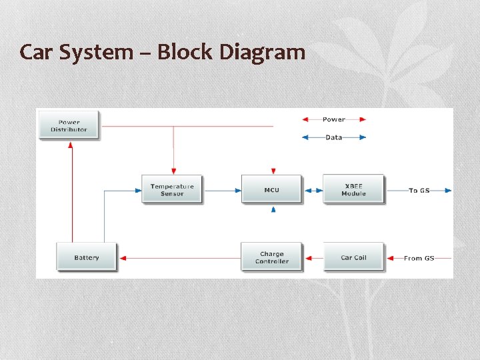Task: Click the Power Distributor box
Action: (x=69, y=125)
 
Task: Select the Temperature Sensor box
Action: (x=172, y=190)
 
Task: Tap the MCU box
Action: (x=271, y=190)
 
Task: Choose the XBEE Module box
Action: (x=353, y=190)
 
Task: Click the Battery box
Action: (x=87, y=257)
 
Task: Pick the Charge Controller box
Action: (x=271, y=257)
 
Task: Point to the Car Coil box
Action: (x=353, y=257)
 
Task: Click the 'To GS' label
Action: (x=419, y=191)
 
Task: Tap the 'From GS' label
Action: (x=419, y=258)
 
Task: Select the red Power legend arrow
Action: (x=333, y=119)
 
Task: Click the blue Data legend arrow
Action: (x=333, y=137)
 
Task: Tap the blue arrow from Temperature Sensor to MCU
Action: (x=222, y=191)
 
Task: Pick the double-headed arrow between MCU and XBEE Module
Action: (x=313, y=191)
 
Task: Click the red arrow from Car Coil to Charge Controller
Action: (x=313, y=258)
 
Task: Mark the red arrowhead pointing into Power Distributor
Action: (x=71, y=145)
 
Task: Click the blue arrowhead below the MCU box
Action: (x=273, y=209)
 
